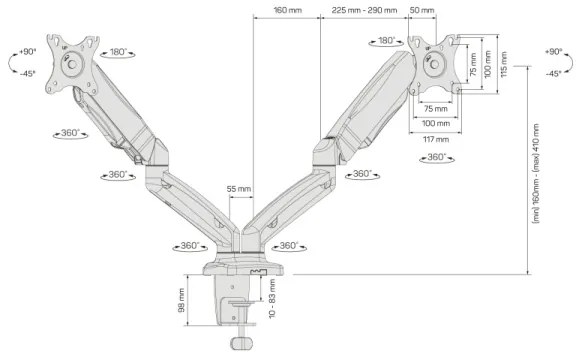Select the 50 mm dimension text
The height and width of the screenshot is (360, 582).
(x=421, y=12)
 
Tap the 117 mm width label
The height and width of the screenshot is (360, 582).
(x=434, y=139)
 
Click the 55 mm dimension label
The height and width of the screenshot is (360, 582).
(x=239, y=189)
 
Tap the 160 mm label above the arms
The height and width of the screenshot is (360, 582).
(x=287, y=12)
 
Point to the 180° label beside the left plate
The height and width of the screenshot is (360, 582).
(x=119, y=52)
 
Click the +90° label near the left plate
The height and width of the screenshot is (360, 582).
(x=27, y=51)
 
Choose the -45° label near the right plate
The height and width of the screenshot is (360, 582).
(x=553, y=74)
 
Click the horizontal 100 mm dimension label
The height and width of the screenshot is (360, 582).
(x=434, y=124)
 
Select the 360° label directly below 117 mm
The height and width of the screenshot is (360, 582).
(x=437, y=157)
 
